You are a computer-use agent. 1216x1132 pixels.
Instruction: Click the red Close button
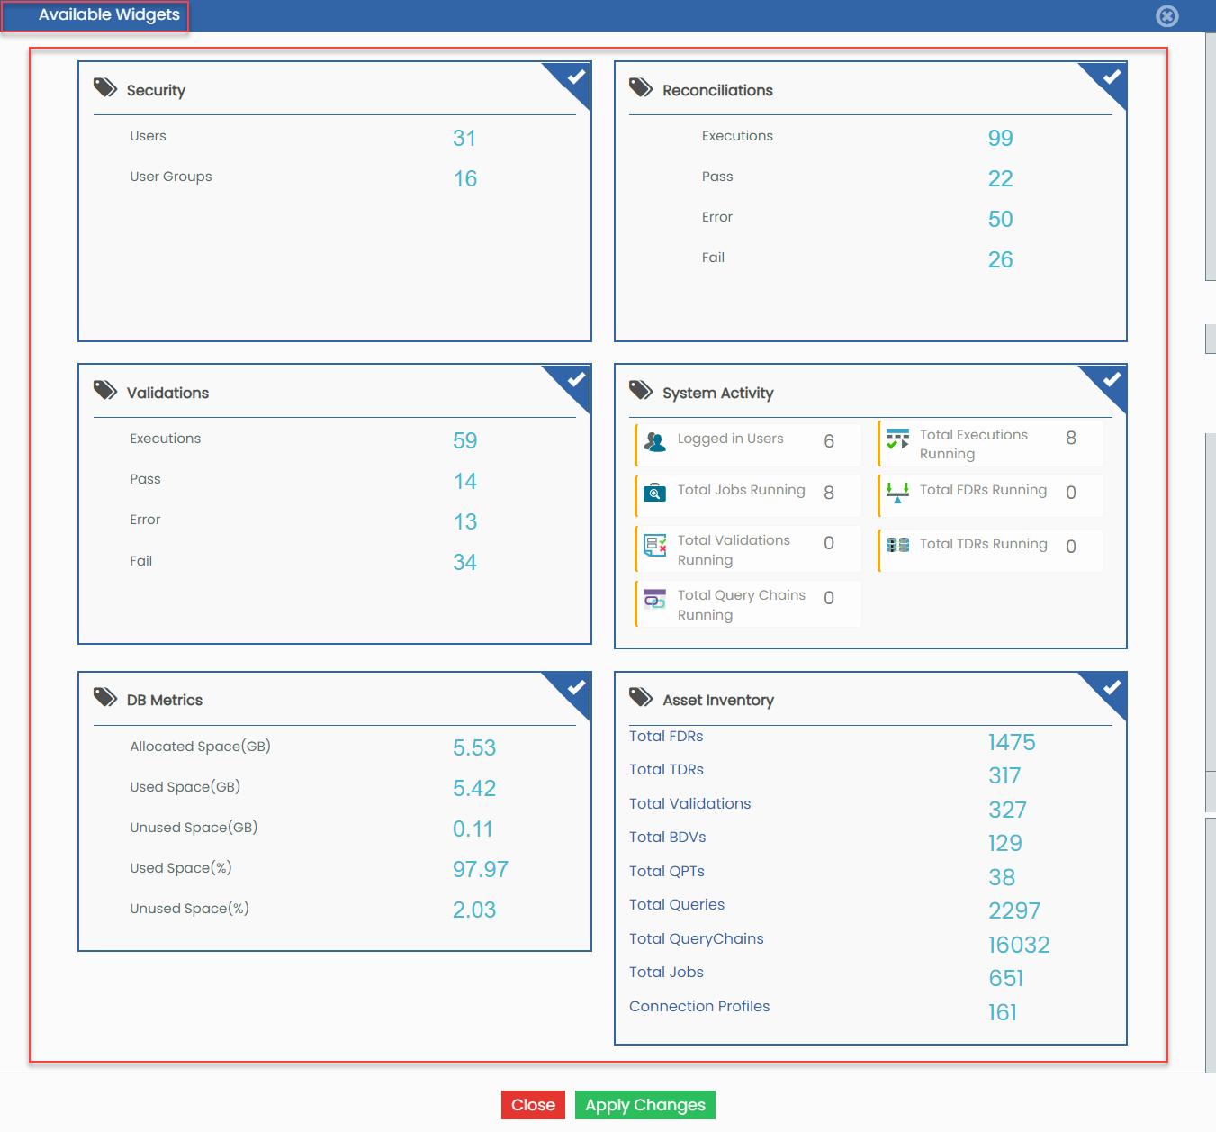coord(533,1104)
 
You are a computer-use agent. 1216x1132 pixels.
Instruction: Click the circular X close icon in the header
coord(1167,16)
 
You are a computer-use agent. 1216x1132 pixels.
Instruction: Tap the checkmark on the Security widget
coord(576,77)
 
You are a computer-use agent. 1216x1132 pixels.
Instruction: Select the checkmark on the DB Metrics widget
coord(576,687)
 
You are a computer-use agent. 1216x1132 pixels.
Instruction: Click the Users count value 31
coord(464,138)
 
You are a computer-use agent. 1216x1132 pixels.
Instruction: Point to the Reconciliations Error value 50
coord(1001,219)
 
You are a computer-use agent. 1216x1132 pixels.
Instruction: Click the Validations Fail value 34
coord(464,562)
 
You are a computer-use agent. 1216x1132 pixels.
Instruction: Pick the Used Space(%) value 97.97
coord(481,869)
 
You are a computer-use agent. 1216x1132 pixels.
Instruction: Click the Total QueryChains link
coord(696,938)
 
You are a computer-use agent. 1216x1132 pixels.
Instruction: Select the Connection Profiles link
coord(699,1006)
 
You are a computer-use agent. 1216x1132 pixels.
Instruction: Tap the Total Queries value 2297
coord(1014,910)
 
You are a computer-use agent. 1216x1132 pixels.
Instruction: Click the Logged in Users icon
coord(654,441)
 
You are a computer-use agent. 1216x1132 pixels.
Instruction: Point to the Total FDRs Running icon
coord(897,492)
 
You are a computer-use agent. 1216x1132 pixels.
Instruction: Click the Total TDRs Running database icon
coord(897,544)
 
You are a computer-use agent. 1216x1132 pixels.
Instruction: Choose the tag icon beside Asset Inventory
coord(641,697)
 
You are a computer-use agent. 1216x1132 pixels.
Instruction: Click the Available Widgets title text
coord(109,14)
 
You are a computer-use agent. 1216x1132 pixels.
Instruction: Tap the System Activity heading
coord(717,393)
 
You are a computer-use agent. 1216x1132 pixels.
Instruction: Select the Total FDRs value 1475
coord(1012,742)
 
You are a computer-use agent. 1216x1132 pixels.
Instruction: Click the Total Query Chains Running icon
coord(654,598)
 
